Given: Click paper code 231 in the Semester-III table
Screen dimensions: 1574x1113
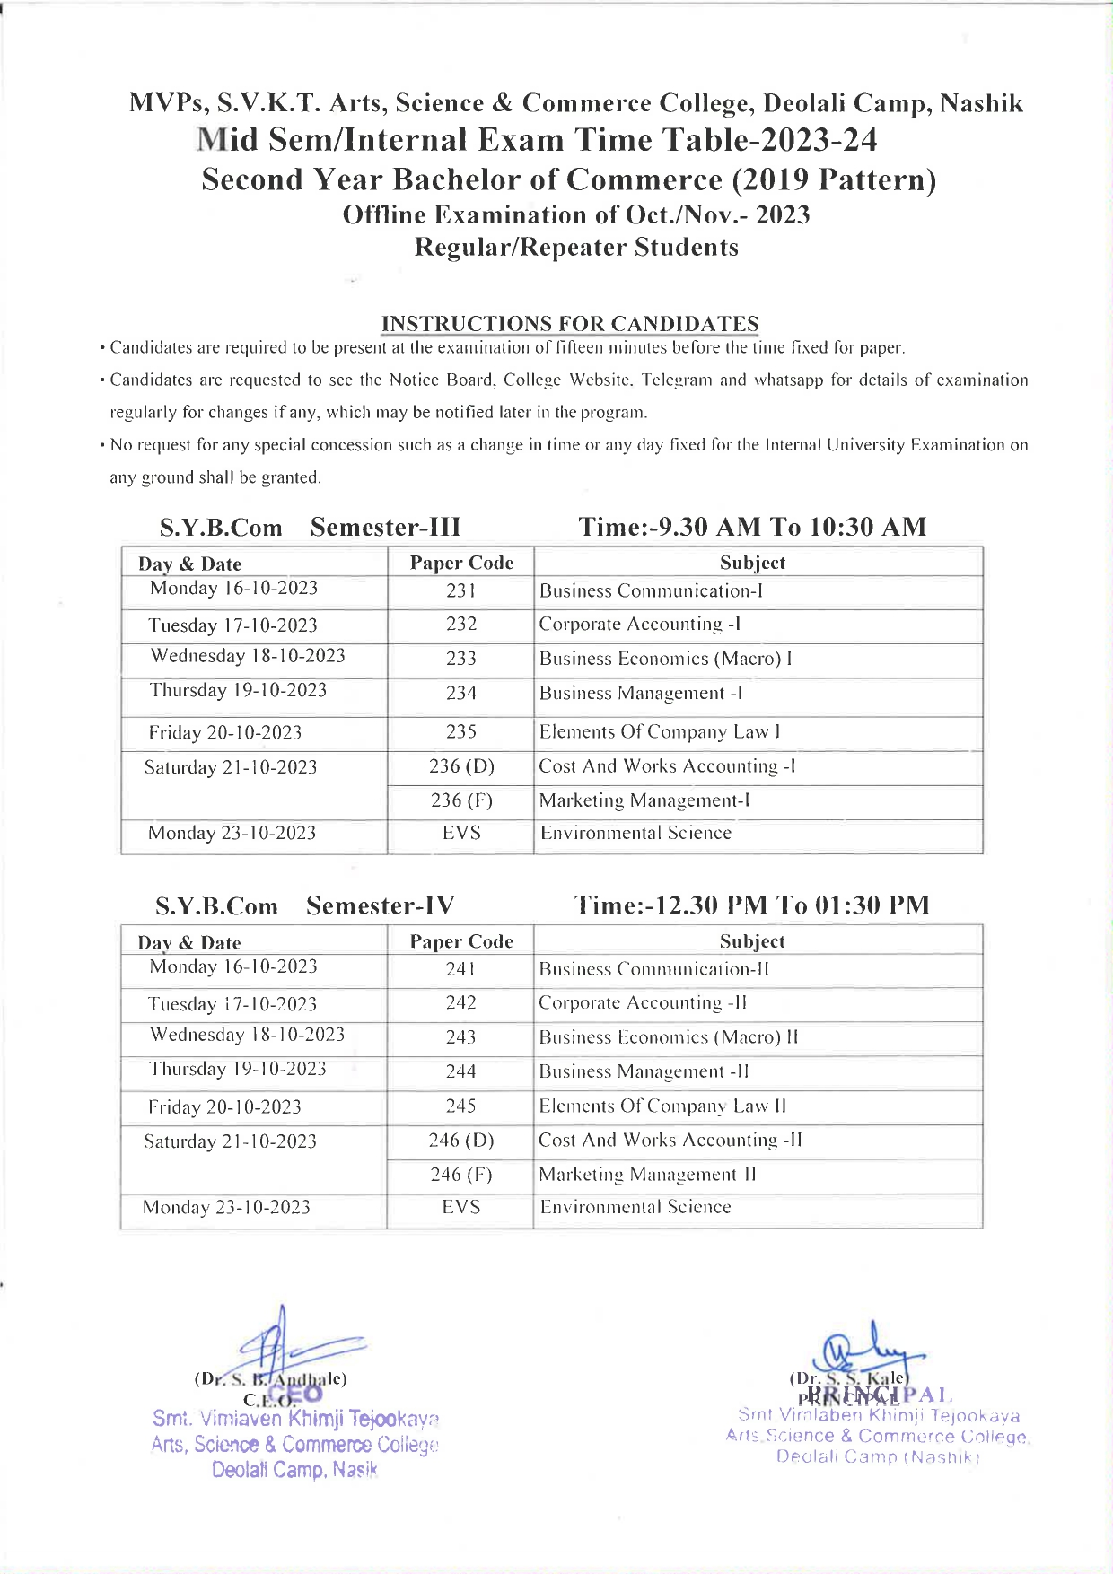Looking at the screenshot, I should [460, 590].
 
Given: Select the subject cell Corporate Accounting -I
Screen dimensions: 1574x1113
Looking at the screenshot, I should [639, 624].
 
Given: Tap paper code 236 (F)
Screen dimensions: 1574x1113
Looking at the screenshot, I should [461, 800].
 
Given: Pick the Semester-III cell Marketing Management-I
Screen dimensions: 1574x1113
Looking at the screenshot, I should [644, 800].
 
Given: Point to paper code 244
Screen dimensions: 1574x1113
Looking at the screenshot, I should [460, 1071].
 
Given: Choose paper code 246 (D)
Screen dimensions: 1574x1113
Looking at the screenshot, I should [461, 1140].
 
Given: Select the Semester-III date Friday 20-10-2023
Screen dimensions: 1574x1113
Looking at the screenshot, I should [225, 732].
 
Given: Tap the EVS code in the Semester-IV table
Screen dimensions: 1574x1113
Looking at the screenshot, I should [461, 1207].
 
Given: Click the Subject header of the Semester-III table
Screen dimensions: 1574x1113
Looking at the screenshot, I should [752, 563].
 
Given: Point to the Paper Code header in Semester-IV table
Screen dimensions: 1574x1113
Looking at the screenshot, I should [461, 941].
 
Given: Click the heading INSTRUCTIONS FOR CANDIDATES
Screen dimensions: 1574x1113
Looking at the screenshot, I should [570, 323].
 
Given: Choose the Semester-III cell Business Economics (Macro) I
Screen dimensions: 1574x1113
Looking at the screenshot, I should [665, 659].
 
